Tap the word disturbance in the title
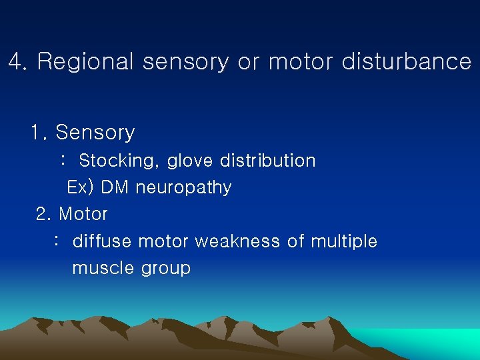[406, 62]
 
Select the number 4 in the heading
[17, 62]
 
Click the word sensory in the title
[185, 62]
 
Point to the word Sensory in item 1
[95, 133]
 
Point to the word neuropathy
[183, 187]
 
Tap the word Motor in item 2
[83, 214]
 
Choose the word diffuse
[97, 241]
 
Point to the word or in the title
[249, 62]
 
